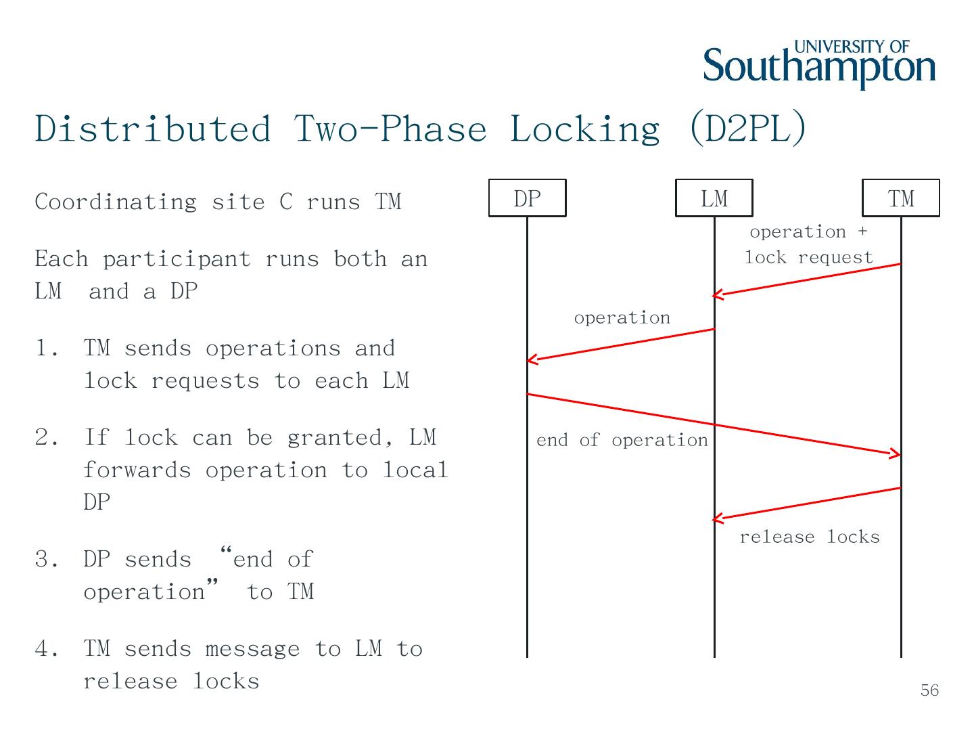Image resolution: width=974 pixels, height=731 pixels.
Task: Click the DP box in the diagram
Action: [x=527, y=198]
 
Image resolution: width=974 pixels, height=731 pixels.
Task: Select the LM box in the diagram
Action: [x=714, y=198]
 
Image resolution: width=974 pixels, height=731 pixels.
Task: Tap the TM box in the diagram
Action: [x=900, y=198]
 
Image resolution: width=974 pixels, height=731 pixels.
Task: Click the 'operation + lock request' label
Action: [x=808, y=244]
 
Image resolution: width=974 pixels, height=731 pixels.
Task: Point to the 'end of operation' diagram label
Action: [x=622, y=441]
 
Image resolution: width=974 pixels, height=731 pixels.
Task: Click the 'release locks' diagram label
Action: [x=809, y=537]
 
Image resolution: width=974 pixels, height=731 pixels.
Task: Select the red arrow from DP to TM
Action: [x=714, y=424]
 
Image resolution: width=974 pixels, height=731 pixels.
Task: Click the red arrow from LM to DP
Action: [x=621, y=345]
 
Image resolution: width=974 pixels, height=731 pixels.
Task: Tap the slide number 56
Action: [x=929, y=690]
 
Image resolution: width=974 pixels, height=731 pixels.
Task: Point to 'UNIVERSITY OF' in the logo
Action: [x=852, y=47]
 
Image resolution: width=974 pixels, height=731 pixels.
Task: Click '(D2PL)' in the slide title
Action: [x=747, y=128]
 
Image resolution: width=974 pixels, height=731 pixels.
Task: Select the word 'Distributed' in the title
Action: [x=153, y=128]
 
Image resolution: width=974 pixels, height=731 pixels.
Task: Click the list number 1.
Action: [x=45, y=349]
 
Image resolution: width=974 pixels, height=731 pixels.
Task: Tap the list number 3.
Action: [x=45, y=560]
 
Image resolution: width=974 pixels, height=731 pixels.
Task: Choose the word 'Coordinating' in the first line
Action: [x=116, y=202]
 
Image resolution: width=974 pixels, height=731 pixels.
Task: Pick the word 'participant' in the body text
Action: [x=177, y=259]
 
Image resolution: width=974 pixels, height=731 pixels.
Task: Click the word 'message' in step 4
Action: [x=252, y=649]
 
